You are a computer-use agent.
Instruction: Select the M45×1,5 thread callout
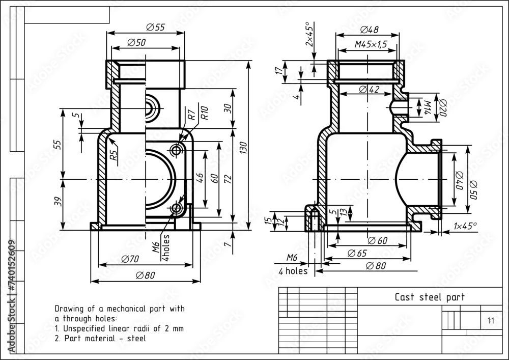[371, 45]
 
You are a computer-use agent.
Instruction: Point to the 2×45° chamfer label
[308, 35]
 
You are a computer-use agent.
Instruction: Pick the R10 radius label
[204, 113]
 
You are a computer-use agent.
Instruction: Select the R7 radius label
[191, 115]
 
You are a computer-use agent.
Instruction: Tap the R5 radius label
[115, 153]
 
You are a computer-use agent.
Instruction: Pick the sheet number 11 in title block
[491, 320]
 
